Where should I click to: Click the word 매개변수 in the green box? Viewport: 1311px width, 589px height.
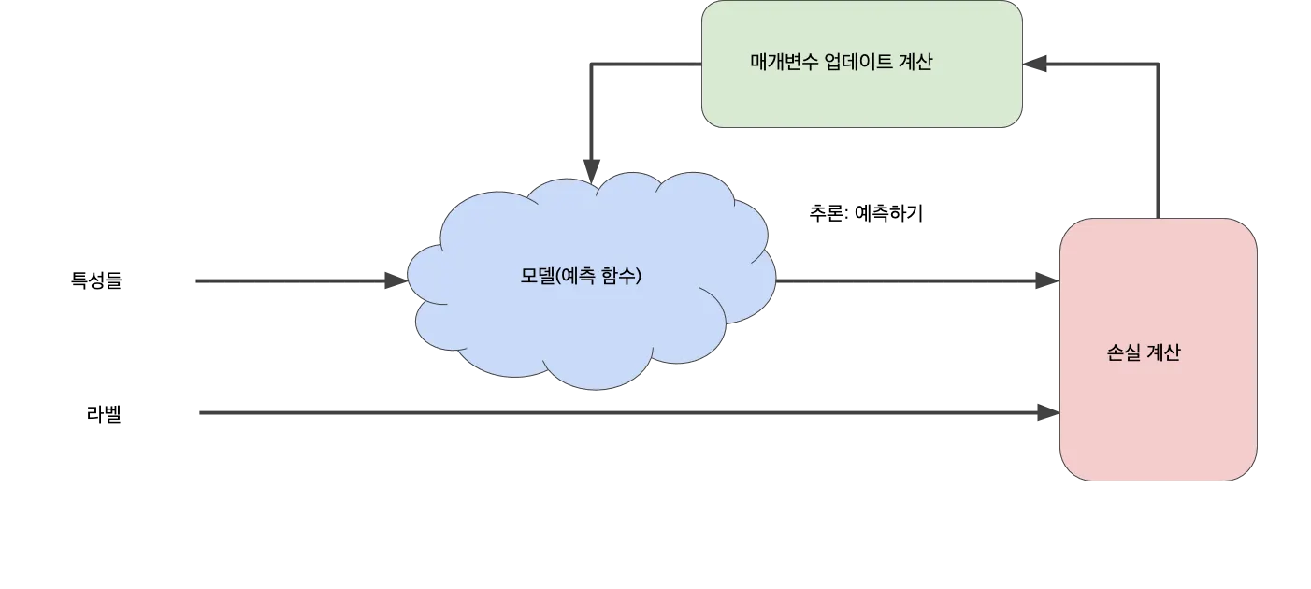click(785, 63)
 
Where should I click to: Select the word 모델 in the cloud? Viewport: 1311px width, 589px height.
click(537, 277)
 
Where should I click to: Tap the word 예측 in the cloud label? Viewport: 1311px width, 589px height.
click(583, 277)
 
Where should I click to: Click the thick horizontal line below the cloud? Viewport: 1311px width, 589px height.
click(608, 412)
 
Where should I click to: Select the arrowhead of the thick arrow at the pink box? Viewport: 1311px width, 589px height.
click(1043, 412)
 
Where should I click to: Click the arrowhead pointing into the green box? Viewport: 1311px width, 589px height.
click(1036, 64)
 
